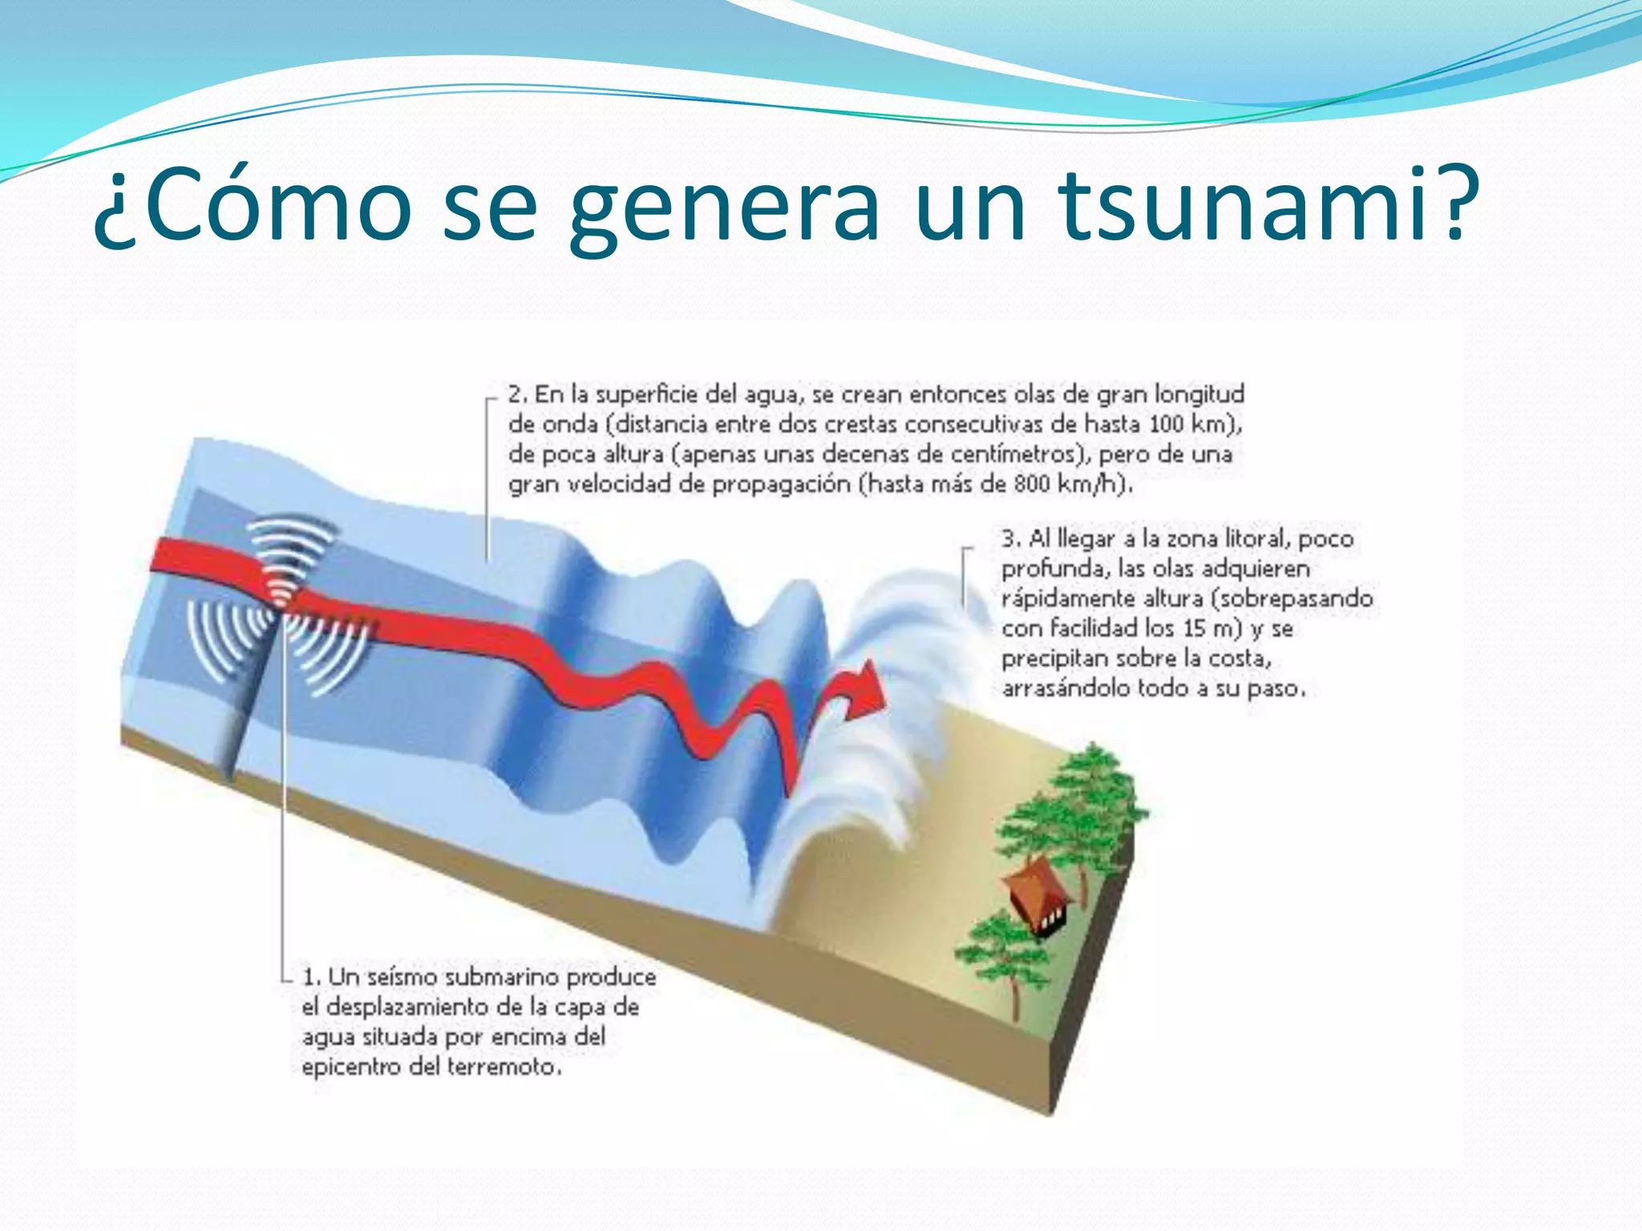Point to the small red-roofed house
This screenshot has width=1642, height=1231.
pyautogui.click(x=1039, y=894)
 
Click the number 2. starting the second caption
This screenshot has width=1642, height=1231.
pyautogui.click(x=517, y=395)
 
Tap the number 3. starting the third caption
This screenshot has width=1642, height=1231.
pyautogui.click(x=1010, y=539)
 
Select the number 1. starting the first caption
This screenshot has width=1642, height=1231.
pyautogui.click(x=311, y=977)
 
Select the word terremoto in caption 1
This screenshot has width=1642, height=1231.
pyautogui.click(x=503, y=1067)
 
